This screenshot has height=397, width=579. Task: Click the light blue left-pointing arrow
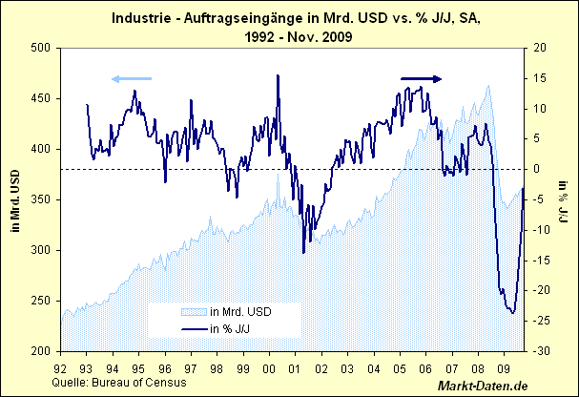(131, 78)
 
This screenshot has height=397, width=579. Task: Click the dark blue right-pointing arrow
(421, 78)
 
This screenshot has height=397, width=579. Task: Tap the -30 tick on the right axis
(540, 351)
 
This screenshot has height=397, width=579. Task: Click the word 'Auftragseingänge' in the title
(236, 18)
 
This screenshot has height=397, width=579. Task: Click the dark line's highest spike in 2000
(278, 75)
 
